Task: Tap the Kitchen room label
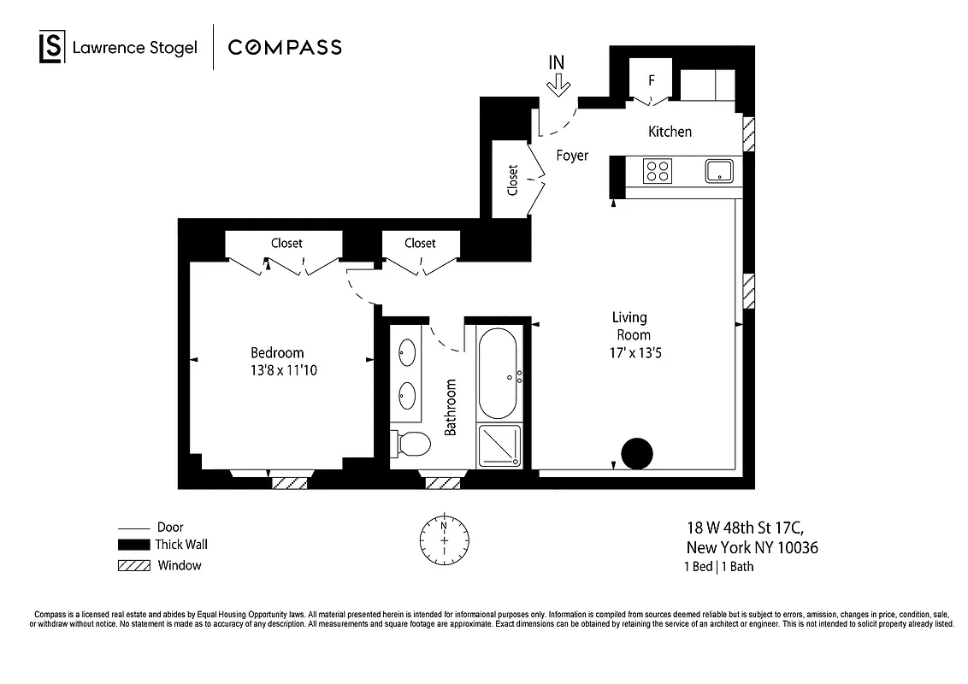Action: pos(670,132)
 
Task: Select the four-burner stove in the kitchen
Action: pos(658,172)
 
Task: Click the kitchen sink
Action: pos(720,171)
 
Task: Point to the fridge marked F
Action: pos(652,82)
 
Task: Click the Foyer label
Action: pos(572,156)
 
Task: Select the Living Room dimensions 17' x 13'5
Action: pos(631,351)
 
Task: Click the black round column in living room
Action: pos(636,453)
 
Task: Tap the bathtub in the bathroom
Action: pos(497,374)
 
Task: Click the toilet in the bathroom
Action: pos(411,445)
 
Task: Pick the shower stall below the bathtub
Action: pos(499,446)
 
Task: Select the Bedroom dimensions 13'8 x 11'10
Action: pos(276,370)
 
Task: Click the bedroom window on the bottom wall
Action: pos(290,482)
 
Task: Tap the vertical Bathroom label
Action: pos(451,407)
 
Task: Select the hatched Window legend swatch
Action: pos(133,566)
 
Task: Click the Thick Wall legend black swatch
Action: pos(133,545)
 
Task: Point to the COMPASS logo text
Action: pos(285,47)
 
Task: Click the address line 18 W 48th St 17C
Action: pos(746,528)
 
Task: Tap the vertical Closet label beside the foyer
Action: pos(513,180)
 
